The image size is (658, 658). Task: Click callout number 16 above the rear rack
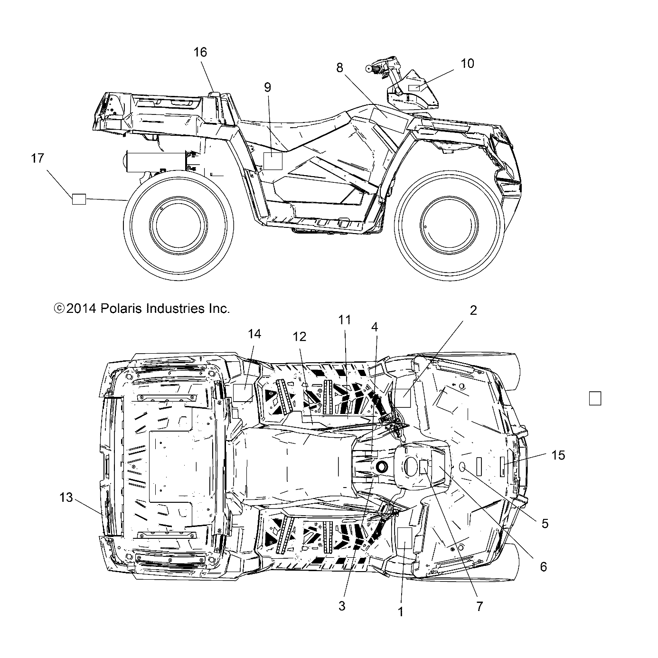pos(200,52)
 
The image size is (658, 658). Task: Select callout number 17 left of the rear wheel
pos(38,158)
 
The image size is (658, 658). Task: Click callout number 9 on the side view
pos(268,87)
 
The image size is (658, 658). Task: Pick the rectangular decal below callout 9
pos(273,161)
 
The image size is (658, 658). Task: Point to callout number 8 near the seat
pos(339,68)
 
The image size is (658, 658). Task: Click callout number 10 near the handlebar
pos(467,64)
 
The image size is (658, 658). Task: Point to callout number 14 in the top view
pos(254,334)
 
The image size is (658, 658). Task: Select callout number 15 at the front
pos(559,455)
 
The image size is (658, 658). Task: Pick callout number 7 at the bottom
pos(479,606)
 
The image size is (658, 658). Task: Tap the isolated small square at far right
pos(595,398)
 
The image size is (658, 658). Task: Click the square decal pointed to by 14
pos(243,393)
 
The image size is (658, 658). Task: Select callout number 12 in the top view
pos(300,337)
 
